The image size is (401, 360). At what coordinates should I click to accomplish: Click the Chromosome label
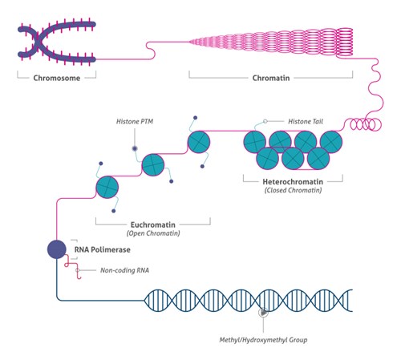pyautogui.click(x=57, y=78)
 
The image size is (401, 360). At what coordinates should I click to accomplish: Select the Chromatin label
pyautogui.click(x=271, y=78)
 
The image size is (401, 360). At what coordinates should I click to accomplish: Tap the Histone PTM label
pyautogui.click(x=135, y=122)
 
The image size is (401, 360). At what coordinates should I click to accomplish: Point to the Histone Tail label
pyautogui.click(x=306, y=122)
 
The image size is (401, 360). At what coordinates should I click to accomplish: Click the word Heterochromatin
pyautogui.click(x=293, y=182)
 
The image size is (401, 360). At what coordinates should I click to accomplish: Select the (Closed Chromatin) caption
pyautogui.click(x=293, y=190)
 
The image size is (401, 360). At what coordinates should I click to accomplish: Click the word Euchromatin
pyautogui.click(x=153, y=224)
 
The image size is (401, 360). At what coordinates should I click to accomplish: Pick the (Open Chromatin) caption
pyautogui.click(x=153, y=233)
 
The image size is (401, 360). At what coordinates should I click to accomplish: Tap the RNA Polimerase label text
pyautogui.click(x=103, y=250)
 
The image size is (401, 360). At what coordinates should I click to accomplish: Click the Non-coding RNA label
pyautogui.click(x=124, y=270)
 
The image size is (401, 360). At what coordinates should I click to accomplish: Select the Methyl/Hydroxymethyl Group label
pyautogui.click(x=263, y=340)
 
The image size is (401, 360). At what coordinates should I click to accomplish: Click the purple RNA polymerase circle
pyautogui.click(x=57, y=249)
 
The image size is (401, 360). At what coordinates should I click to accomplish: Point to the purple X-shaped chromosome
pyautogui.click(x=57, y=42)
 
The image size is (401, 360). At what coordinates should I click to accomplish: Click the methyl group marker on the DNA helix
pyautogui.click(x=263, y=312)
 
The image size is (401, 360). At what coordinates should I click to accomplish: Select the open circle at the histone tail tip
pyautogui.click(x=265, y=121)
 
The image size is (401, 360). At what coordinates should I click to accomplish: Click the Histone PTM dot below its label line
pyautogui.click(x=135, y=148)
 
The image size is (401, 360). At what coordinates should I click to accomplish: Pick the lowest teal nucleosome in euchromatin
pyautogui.click(x=107, y=187)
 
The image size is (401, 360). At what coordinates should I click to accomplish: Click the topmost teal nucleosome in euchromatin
pyautogui.click(x=199, y=142)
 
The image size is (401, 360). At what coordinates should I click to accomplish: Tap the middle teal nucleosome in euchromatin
pyautogui.click(x=153, y=165)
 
